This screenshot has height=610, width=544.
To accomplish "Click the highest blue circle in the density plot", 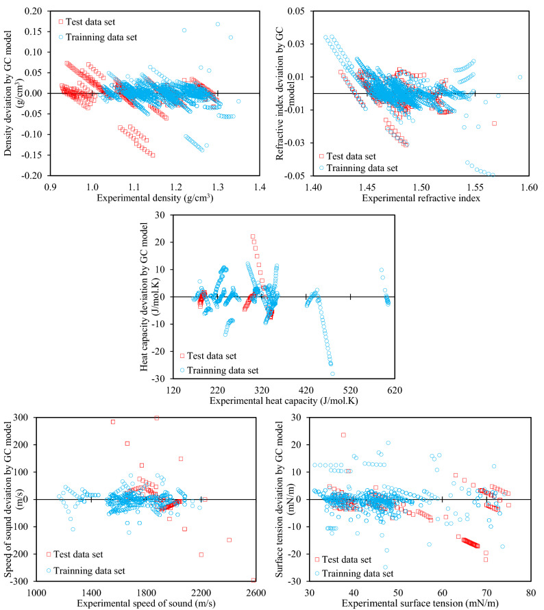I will click(218, 24).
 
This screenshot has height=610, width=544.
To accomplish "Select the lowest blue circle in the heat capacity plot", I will click(332, 374).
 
